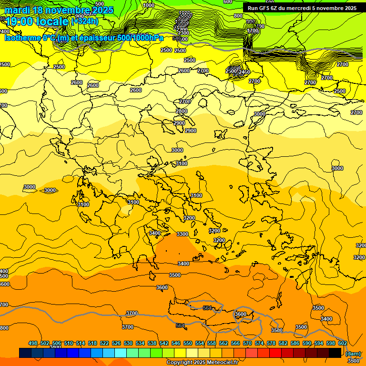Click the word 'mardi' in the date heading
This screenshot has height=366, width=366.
click(x=18, y=10)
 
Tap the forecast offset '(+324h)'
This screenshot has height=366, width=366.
click(x=84, y=21)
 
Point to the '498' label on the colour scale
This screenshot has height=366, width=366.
click(x=33, y=343)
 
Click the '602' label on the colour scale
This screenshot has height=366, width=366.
click(x=343, y=343)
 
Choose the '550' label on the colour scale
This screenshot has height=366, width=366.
click(x=188, y=343)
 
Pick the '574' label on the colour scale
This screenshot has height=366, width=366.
click(x=259, y=343)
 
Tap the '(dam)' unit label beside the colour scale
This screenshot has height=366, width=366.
click(x=353, y=353)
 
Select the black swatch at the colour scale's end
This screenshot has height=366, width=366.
click(x=335, y=353)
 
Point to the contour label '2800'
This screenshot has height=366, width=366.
click(x=181, y=111)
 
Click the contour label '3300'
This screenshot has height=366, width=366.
click(x=182, y=234)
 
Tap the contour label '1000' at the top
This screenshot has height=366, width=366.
click(x=149, y=5)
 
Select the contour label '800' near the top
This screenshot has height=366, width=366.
click(x=238, y=16)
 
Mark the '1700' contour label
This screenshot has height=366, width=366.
click(x=253, y=30)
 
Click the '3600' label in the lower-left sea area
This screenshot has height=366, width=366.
click(x=162, y=287)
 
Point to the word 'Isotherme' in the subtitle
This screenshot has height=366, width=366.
click(x=22, y=38)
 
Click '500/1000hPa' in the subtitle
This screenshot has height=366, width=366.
click(x=141, y=38)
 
